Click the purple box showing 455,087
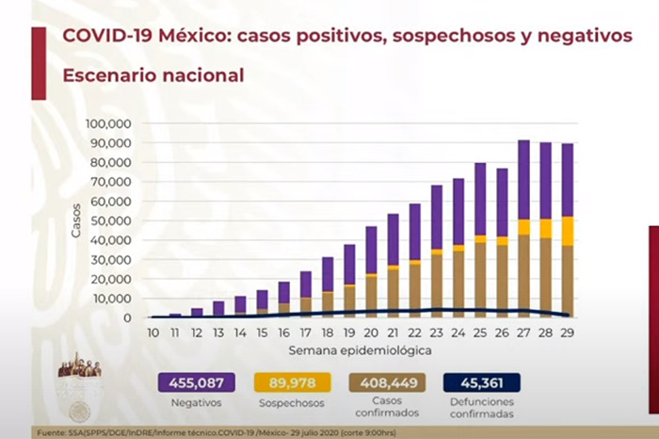[199, 382]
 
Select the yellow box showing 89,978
[293, 382]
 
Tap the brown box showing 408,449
[387, 382]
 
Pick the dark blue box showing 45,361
[482, 382]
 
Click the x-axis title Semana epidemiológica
[361, 350]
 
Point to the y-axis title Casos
[77, 220]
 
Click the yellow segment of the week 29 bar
[568, 230]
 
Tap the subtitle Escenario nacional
[153, 75]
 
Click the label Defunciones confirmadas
[482, 408]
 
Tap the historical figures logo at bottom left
[79, 366]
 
